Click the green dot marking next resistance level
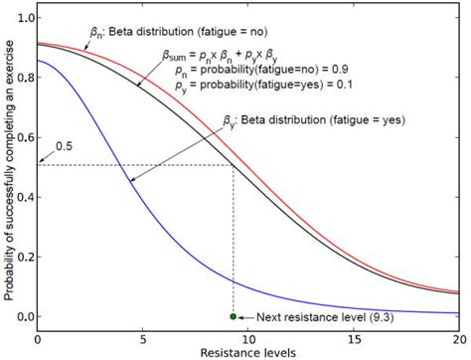(x=234, y=316)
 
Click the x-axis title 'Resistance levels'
(x=247, y=353)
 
